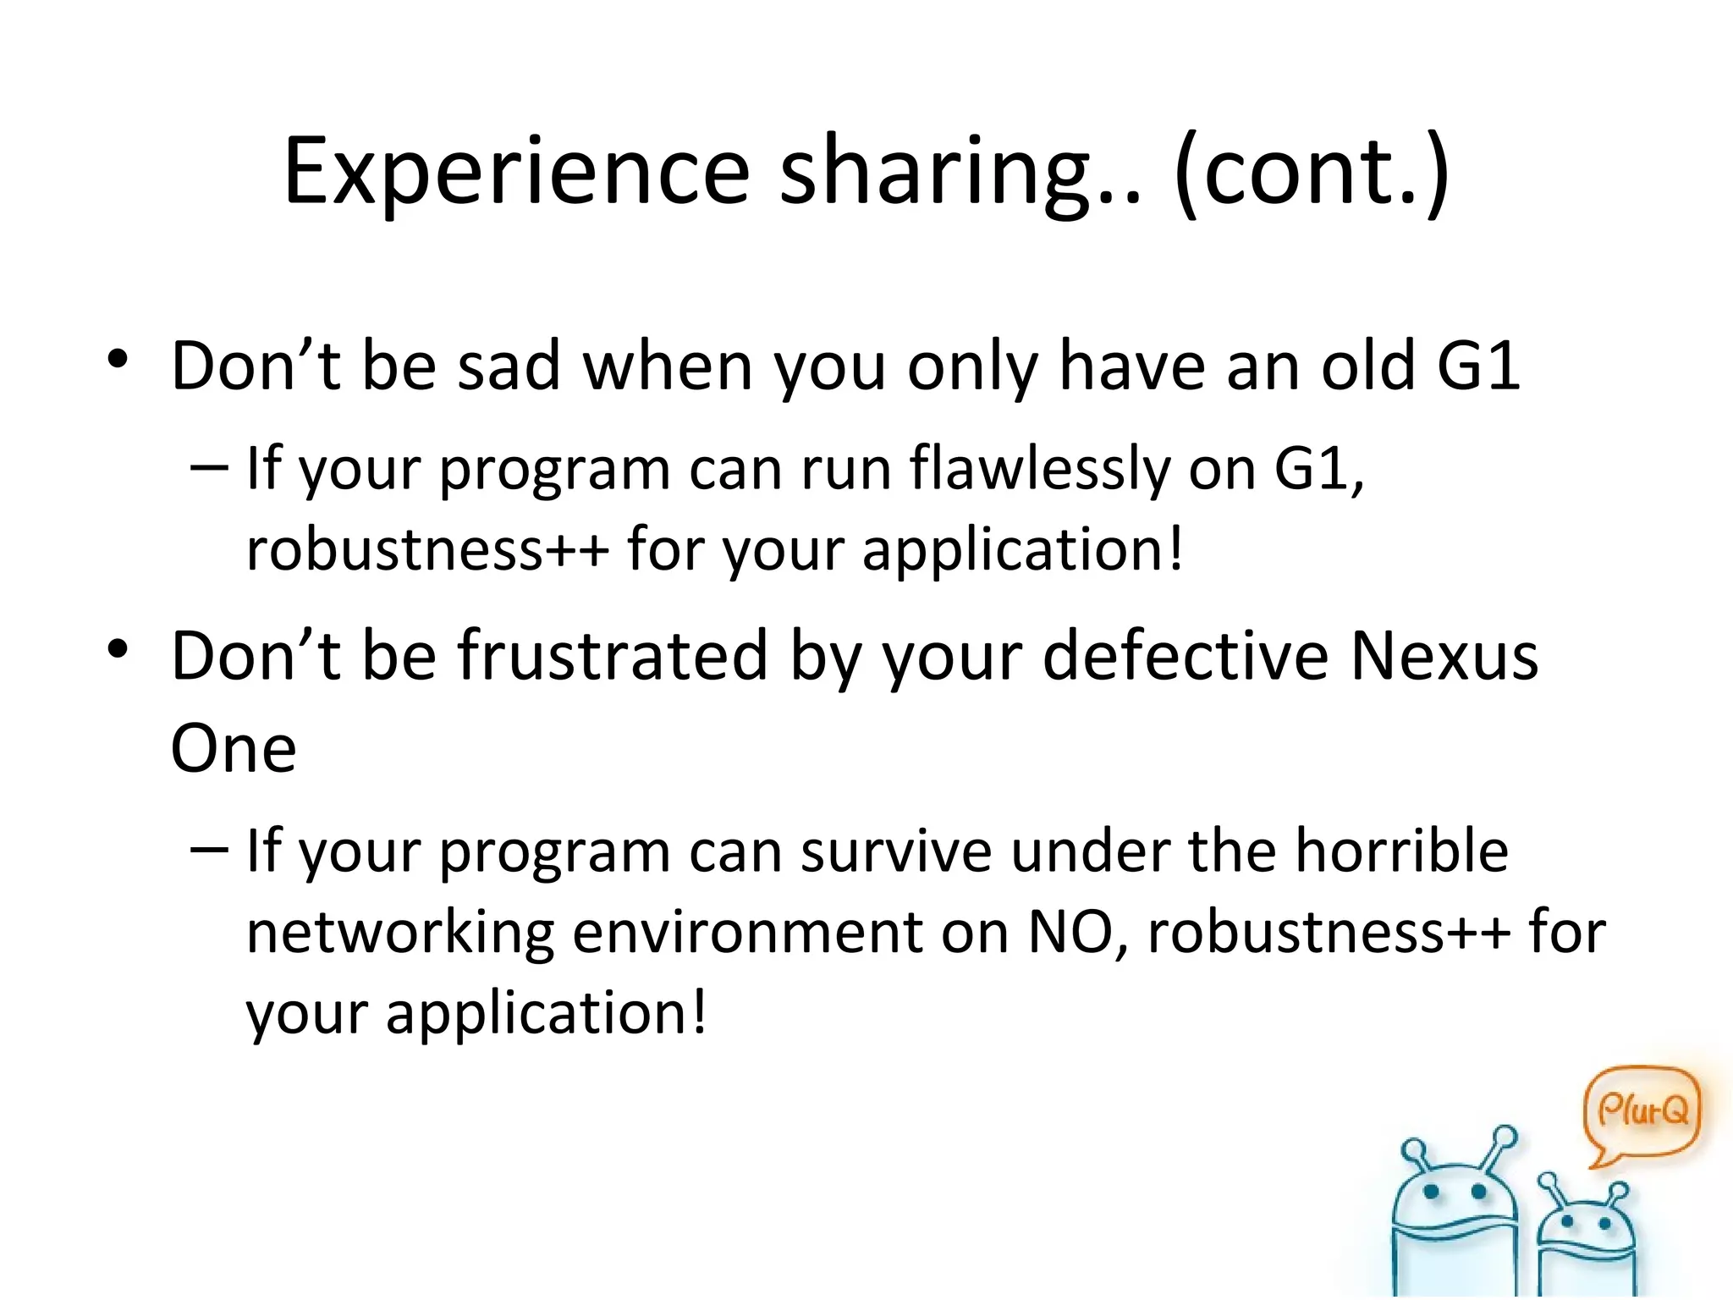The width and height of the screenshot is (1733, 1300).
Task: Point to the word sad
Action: coord(508,366)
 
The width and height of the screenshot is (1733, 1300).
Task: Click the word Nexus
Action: coord(1444,657)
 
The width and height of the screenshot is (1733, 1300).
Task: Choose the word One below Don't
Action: coord(234,748)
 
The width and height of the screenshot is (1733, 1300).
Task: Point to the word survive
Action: coord(896,851)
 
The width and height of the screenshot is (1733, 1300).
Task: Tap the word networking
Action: coord(399,933)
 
